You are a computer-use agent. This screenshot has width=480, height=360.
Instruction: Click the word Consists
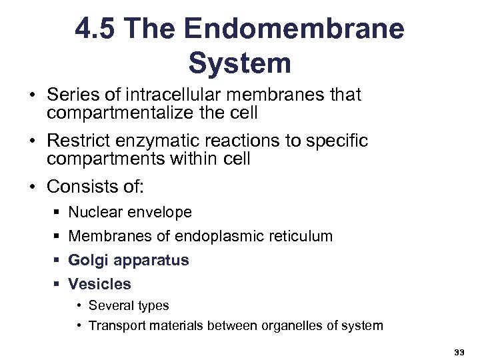[x=79, y=187]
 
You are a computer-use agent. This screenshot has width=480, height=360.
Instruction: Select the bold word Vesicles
[x=99, y=284]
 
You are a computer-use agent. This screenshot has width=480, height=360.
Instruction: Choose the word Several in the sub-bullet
[x=111, y=306]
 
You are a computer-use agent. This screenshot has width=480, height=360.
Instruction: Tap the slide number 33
[x=458, y=351]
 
